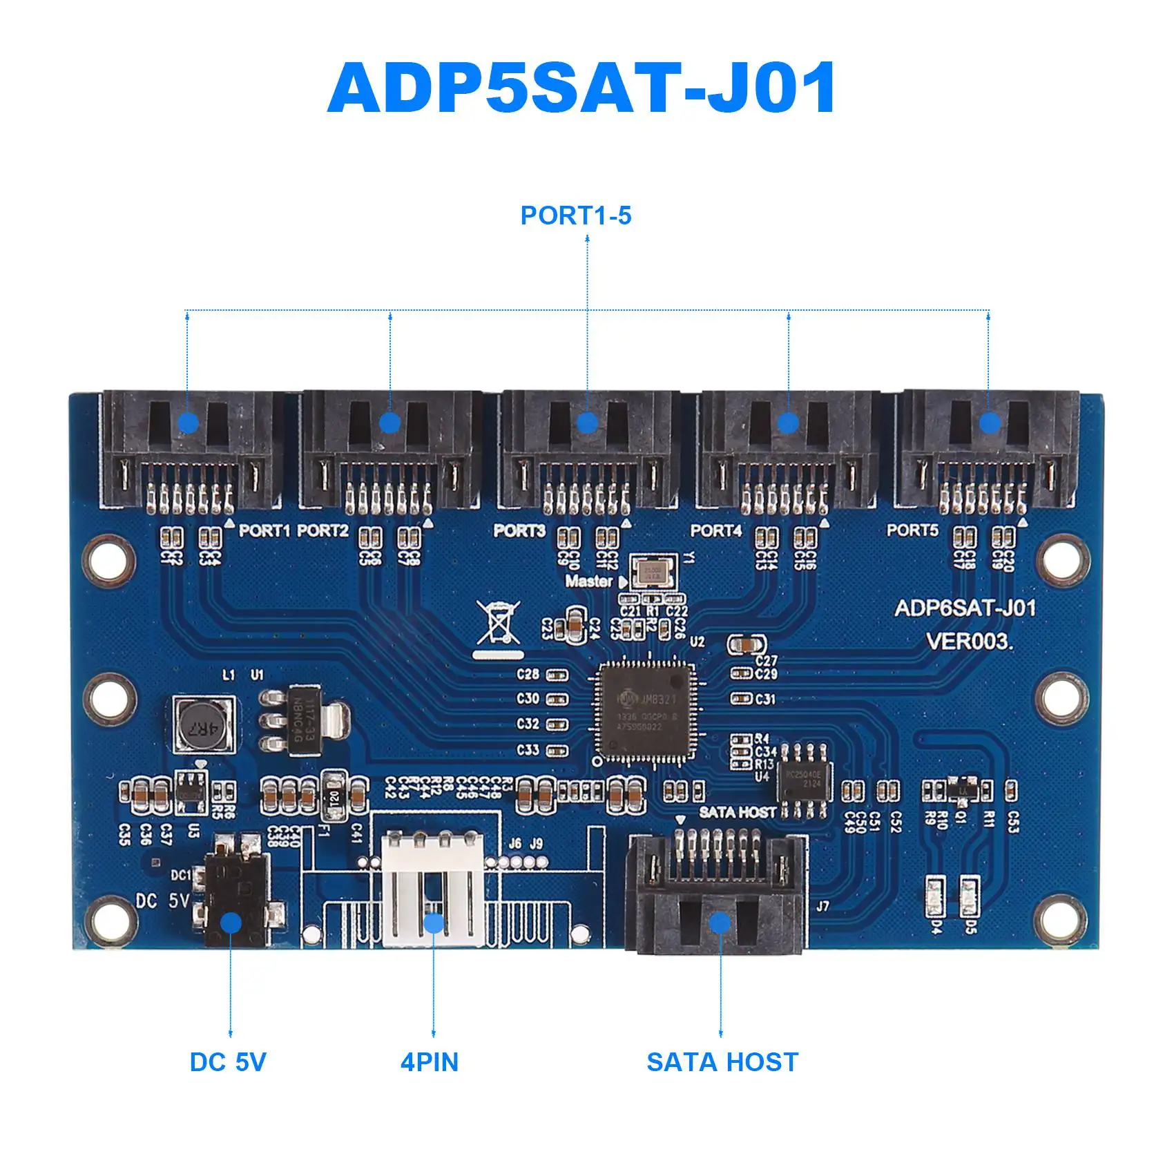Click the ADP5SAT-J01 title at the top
coord(581,88)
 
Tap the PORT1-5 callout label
coord(576,215)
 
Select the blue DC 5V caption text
coord(228,1062)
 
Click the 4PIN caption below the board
coord(430,1062)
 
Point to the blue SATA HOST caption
coord(722,1062)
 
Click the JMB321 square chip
coord(646,711)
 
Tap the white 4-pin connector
coord(434,891)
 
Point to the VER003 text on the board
coord(969,642)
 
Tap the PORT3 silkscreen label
coord(519,530)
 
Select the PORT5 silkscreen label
coord(912,530)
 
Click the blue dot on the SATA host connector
coord(720,923)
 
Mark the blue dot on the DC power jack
coord(231,923)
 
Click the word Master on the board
coord(589,581)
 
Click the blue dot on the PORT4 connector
coord(788,423)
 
